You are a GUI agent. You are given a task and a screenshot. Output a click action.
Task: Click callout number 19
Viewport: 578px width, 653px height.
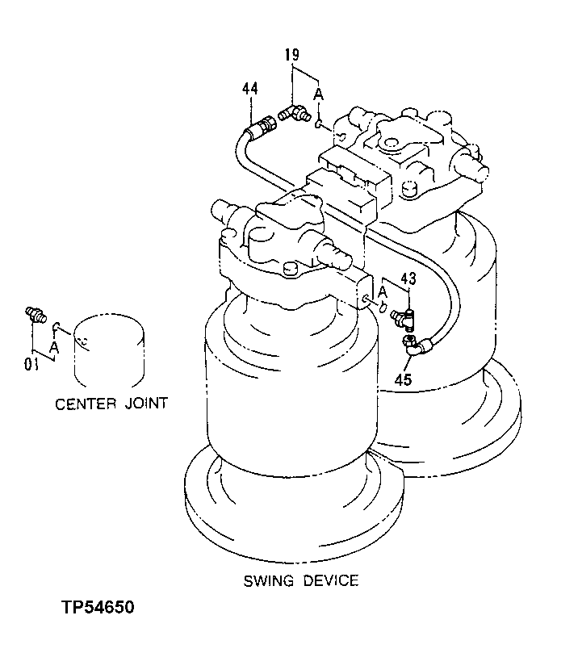pyautogui.click(x=291, y=55)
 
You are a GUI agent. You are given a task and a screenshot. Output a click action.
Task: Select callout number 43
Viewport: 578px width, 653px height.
pyautogui.click(x=408, y=279)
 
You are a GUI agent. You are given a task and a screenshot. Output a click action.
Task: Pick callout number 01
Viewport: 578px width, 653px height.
pyautogui.click(x=31, y=364)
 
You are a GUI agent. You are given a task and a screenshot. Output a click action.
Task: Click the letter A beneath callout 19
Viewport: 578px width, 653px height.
pyautogui.click(x=319, y=95)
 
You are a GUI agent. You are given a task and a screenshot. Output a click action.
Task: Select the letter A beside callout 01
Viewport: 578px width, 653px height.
pyautogui.click(x=54, y=347)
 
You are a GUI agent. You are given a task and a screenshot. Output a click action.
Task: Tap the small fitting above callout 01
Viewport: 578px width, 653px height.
pyautogui.click(x=35, y=316)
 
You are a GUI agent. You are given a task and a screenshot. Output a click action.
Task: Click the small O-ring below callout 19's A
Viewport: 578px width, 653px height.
pyautogui.click(x=320, y=123)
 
